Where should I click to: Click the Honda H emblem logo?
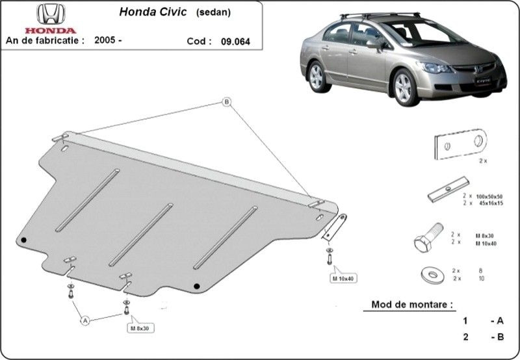pos(51,14)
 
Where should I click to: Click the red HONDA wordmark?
pos(51,31)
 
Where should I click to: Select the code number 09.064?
pos(235,42)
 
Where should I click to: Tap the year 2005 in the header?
pos(105,40)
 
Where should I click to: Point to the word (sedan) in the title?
pos(214,12)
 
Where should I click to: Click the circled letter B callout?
pos(226,102)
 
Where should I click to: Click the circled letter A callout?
pos(85,320)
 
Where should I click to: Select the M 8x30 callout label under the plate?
pos(140,328)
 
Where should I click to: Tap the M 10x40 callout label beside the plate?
pos(343,279)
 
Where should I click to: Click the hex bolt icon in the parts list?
pos(428,237)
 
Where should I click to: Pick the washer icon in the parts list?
pos(433,275)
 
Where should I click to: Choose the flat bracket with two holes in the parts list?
pos(461,144)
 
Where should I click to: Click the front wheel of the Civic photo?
pos(404,88)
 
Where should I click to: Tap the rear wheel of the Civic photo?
pos(317,77)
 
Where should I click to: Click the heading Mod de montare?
pos(412,304)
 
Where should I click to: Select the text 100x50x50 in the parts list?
pos(489,197)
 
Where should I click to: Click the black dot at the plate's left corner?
pos(23,240)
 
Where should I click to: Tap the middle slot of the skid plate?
pos(141,235)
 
